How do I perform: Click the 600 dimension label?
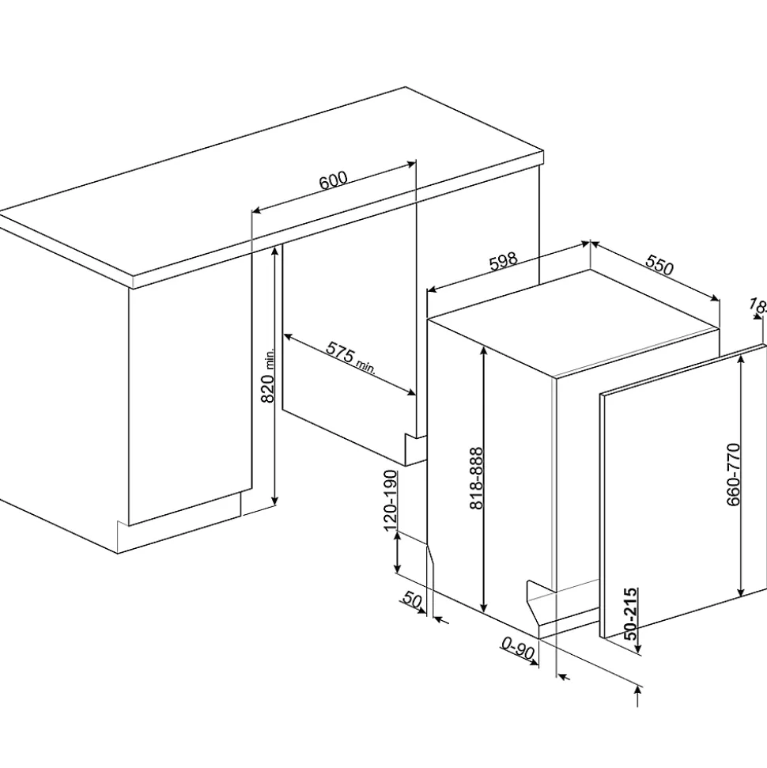[333, 180]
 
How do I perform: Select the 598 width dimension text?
[503, 262]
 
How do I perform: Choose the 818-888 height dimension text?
[477, 478]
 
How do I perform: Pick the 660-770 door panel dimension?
[732, 475]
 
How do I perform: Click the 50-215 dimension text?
[630, 614]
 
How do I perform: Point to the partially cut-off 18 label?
[758, 306]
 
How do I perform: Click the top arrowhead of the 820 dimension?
[274, 249]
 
